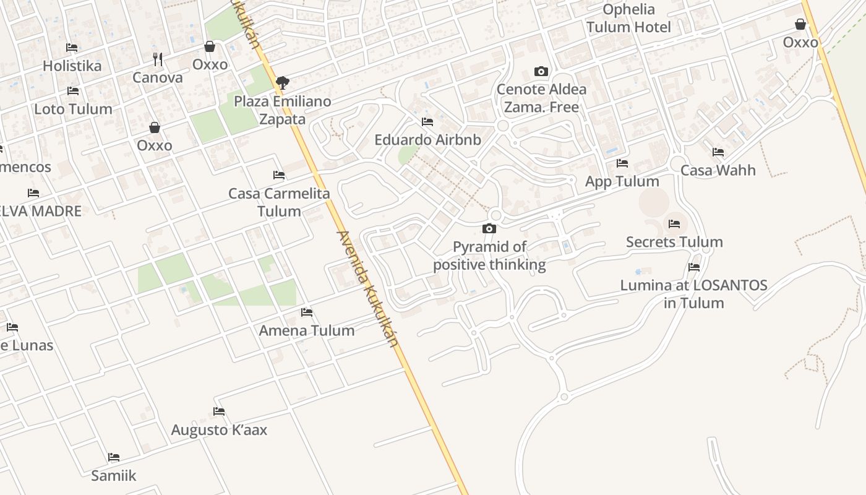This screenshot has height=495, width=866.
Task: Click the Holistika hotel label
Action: coord(72,66)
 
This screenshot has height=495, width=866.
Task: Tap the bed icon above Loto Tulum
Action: coord(73,91)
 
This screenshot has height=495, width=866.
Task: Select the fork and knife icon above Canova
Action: coord(158,59)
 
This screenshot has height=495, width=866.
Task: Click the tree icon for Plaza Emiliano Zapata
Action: coord(283,82)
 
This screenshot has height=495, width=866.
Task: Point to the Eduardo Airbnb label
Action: coord(427,140)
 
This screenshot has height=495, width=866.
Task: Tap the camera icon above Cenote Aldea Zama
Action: coord(541,72)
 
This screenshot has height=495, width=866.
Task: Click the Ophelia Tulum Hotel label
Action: coord(628,19)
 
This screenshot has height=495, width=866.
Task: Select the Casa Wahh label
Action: coord(718,170)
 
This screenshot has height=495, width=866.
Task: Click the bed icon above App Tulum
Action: coord(622,163)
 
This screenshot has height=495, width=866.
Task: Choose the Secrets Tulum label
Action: coord(674,242)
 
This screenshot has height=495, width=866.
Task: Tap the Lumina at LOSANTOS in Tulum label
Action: coord(694,294)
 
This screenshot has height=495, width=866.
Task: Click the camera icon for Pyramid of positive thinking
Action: coord(489,229)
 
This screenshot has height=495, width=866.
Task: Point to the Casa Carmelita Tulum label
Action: coord(279,202)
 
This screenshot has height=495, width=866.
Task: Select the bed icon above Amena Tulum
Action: coord(307,312)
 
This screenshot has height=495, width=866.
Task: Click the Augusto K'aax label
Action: coord(219,430)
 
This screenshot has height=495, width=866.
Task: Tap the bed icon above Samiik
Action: coord(114,457)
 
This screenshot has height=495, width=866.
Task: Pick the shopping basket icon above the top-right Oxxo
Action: coord(800,25)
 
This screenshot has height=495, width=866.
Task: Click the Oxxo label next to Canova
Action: coord(210,65)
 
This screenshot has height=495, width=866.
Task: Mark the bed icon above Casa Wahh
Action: coord(718,152)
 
